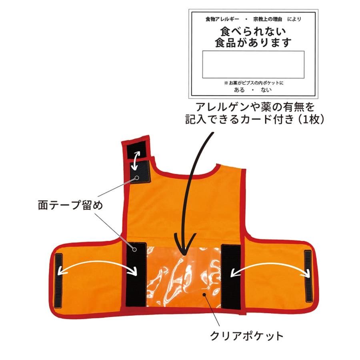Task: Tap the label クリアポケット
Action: (246, 336)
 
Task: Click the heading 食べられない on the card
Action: (253, 32)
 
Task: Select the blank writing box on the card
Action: (253, 64)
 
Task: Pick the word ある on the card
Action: (239, 90)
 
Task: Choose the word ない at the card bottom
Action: (266, 90)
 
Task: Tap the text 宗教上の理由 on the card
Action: (268, 19)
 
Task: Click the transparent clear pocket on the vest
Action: (184, 277)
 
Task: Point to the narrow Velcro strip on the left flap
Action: (58, 280)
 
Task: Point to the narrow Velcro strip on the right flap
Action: (308, 276)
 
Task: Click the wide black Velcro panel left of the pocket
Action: (136, 274)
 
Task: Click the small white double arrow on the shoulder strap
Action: (137, 161)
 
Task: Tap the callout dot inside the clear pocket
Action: (204, 294)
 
